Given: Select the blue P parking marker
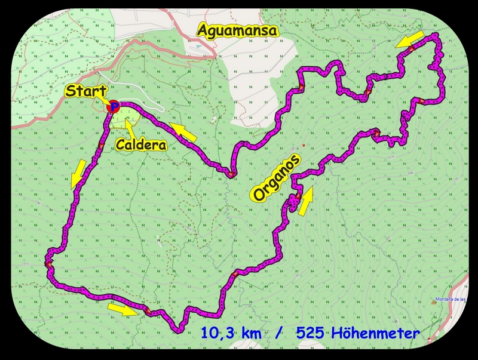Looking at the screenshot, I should pyautogui.click(x=114, y=106).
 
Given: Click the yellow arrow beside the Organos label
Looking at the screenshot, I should pyautogui.click(x=305, y=201).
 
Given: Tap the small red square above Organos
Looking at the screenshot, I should pyautogui.click(x=304, y=144).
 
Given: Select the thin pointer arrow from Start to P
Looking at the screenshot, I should pyautogui.click(x=108, y=100).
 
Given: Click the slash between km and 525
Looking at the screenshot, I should pyautogui.click(x=278, y=333).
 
